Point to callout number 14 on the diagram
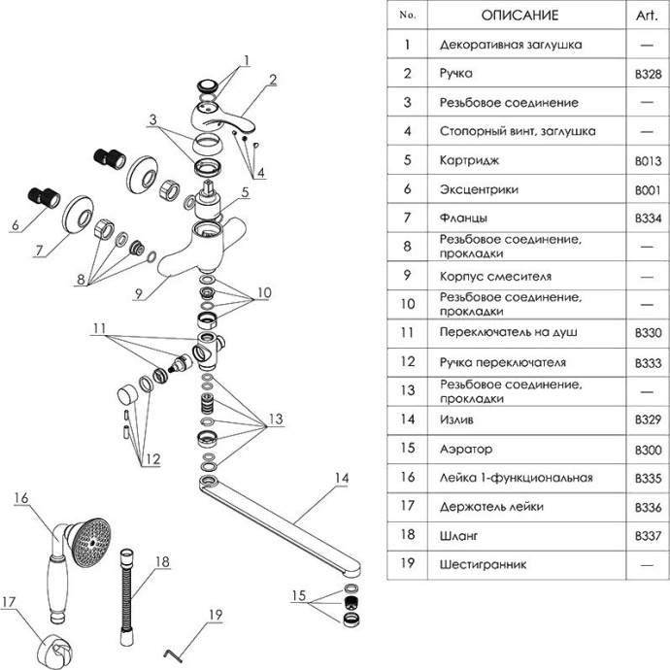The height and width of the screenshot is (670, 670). pos(339,477)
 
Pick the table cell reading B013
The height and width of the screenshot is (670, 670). pos(647,160)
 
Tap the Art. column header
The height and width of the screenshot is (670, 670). pos(647,16)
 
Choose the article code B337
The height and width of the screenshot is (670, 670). pos(647,535)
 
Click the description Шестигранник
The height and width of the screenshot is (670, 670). pos(484,564)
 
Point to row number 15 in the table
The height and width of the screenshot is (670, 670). pos(408,449)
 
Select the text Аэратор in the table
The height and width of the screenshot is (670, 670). pos(466,449)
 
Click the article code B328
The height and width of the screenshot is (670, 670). pos(647,73)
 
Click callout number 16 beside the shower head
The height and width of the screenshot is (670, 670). pos(20,497)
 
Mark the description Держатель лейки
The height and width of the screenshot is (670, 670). pos(491,506)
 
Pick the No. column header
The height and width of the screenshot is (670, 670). pos(408,16)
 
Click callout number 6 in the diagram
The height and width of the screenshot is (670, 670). pos(15,226)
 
